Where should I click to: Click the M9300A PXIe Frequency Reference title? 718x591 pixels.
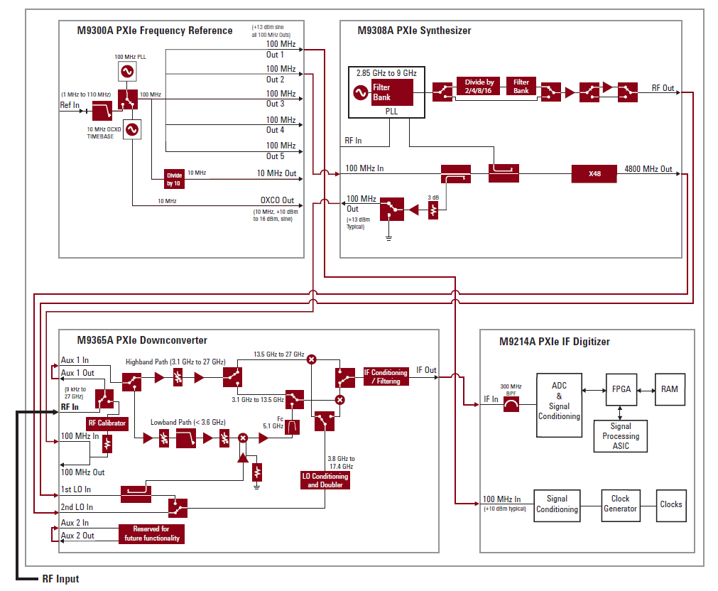coord(155,31)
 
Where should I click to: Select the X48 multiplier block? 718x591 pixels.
coord(594,173)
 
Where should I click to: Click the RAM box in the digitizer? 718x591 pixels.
coord(669,389)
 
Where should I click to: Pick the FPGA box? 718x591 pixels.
coord(621,389)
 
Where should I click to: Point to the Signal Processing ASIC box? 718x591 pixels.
coord(620,436)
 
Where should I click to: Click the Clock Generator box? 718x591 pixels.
coord(620,504)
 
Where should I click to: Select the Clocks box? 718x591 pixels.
coord(670,504)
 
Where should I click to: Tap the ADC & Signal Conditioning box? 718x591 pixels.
coord(559,406)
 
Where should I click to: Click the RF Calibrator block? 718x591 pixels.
coord(107,423)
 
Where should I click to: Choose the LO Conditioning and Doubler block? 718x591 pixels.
coord(325,480)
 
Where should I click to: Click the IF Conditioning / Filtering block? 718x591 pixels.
coord(386,377)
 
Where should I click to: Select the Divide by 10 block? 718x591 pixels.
coord(174,178)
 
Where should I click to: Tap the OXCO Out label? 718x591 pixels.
coord(277,201)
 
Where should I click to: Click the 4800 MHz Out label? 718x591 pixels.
coord(648,169)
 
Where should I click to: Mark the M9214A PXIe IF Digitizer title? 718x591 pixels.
coord(554,342)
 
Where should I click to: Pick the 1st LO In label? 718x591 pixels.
coord(76,490)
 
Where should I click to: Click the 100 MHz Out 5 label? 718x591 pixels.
coord(281,151)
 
